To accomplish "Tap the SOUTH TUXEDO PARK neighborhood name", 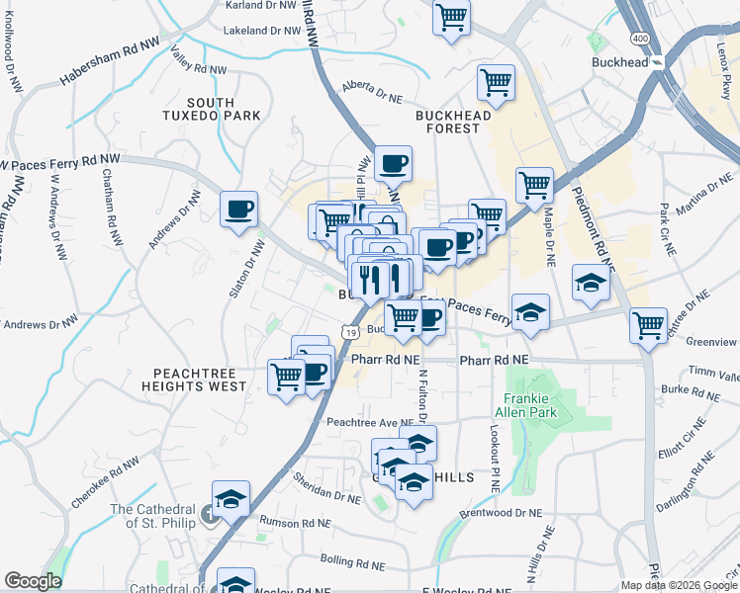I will [x=211, y=109].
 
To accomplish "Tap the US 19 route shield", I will [x=350, y=333].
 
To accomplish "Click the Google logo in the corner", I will [x=33, y=581].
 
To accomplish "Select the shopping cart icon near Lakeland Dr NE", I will [x=452, y=17].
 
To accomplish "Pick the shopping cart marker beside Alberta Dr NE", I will [x=496, y=82].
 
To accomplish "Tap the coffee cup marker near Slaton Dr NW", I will [x=238, y=210].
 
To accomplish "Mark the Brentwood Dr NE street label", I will [x=508, y=514].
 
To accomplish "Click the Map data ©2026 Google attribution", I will [x=679, y=585].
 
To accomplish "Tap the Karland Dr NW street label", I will [x=261, y=5].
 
